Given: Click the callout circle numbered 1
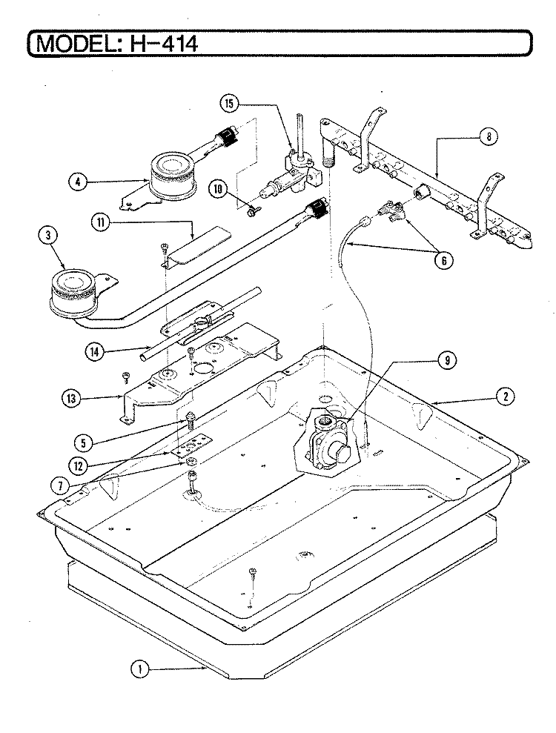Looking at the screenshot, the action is coord(139,669).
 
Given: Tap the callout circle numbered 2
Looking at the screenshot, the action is coord(505,397).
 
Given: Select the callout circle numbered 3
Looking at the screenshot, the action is coord(47,236).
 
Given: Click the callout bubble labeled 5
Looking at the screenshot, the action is coord(83,442).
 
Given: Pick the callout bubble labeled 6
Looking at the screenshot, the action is coord(444,260).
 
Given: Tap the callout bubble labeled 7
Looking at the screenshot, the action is coord(60,485).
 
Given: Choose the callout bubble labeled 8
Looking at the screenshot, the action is coord(489,136).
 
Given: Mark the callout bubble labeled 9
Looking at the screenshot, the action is coord(448,360).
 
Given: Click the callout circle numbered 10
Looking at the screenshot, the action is coord(219,189).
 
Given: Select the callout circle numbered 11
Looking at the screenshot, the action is coord(100,222).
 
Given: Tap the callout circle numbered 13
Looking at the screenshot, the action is coord(71,398).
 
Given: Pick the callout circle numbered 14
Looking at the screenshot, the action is coord(95,351).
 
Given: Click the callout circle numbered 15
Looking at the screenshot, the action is coord(229,103).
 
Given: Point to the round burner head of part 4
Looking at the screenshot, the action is coord(172,176).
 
